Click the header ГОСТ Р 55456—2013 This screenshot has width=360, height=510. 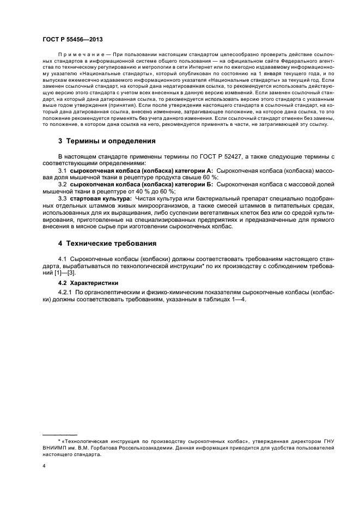pos(72,40)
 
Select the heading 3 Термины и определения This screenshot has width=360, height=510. pos(107,141)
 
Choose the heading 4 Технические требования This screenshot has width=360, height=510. pos(107,244)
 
